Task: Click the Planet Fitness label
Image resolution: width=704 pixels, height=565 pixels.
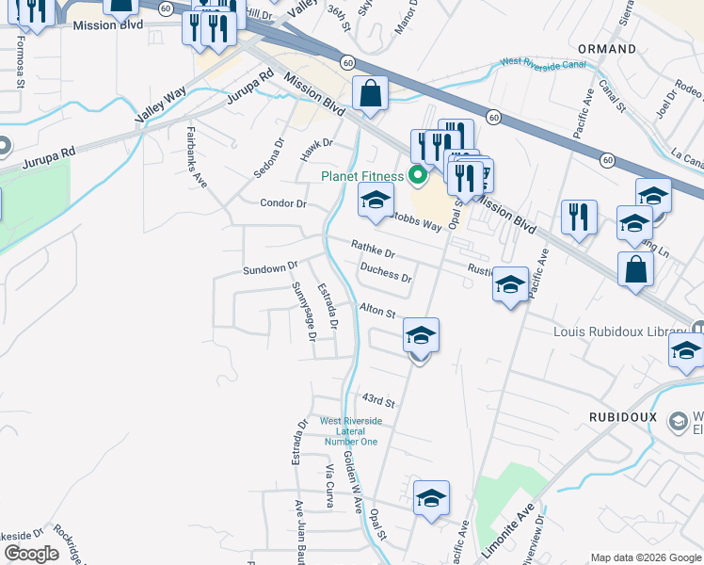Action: pyautogui.click(x=361, y=175)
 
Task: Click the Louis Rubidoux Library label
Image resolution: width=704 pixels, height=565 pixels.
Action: pyautogui.click(x=620, y=331)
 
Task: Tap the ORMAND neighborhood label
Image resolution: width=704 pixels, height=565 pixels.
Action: pyautogui.click(x=607, y=48)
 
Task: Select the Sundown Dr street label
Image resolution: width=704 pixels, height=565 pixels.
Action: pyautogui.click(x=270, y=269)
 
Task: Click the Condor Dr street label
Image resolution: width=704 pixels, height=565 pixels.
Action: pyautogui.click(x=283, y=203)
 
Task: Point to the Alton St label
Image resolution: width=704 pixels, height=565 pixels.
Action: pyautogui.click(x=376, y=310)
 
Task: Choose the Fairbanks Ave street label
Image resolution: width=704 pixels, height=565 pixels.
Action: pyautogui.click(x=197, y=157)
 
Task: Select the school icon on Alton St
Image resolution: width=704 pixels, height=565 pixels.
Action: pyautogui.click(x=421, y=335)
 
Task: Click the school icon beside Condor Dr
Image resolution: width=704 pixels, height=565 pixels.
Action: pyautogui.click(x=376, y=201)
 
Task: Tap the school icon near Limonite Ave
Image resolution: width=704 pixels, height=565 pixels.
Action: pyautogui.click(x=431, y=499)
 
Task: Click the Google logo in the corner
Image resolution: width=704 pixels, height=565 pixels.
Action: pyautogui.click(x=31, y=554)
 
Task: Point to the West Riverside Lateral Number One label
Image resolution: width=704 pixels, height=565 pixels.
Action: pyautogui.click(x=351, y=430)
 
